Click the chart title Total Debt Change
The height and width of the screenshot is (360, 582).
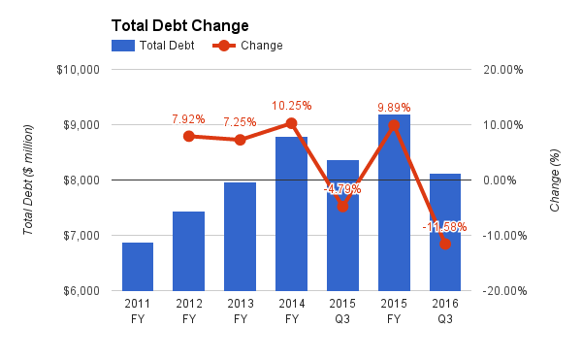tap(179, 25)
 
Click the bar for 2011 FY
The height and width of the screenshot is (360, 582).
tap(138, 267)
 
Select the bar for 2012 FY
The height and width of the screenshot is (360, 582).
tap(189, 251)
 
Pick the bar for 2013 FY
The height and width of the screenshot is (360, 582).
tap(240, 237)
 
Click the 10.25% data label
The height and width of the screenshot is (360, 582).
tap(291, 106)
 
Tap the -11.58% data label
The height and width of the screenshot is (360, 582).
tap(444, 227)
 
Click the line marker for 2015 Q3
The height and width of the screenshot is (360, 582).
tap(342, 206)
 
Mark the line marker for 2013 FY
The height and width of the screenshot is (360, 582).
tap(240, 140)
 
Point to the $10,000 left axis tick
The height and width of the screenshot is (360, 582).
tap(81, 70)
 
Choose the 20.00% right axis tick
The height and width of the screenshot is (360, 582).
tap(503, 70)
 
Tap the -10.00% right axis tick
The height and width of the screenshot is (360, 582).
tap(503, 236)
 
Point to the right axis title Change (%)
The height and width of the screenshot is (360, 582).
tap(555, 180)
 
